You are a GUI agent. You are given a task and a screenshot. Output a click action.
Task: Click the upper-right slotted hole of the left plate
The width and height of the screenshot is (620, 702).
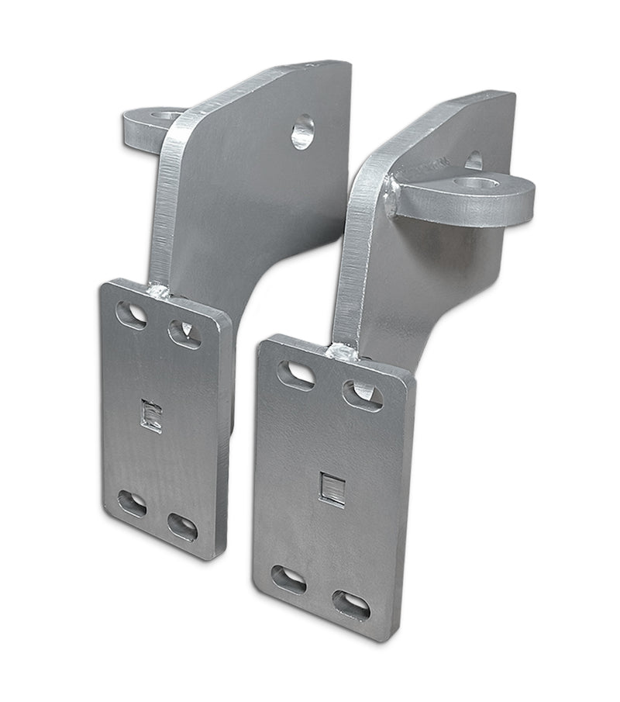click(184, 333)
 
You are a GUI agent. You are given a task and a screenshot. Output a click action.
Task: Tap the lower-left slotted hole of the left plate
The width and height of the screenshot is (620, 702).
click(132, 503)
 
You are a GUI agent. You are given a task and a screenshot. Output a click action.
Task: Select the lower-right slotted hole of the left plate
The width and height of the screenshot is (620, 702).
click(183, 527)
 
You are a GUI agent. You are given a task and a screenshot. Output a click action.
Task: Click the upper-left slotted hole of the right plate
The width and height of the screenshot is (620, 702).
click(296, 375)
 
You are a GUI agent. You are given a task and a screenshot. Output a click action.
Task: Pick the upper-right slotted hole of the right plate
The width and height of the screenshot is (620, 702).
click(362, 395)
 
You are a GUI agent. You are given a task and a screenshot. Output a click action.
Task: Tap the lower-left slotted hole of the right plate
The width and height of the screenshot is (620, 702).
click(288, 579)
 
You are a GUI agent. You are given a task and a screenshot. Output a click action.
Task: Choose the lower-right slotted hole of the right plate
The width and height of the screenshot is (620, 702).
click(351, 604)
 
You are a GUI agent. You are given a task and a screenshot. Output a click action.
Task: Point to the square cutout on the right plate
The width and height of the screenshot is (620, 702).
click(332, 488)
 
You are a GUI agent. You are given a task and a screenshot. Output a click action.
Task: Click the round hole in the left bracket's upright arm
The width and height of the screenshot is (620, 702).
click(303, 131)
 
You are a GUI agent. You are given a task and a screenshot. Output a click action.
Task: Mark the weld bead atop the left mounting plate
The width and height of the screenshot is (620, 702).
click(159, 291)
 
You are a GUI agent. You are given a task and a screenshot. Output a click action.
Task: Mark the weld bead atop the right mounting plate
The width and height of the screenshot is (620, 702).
click(341, 353)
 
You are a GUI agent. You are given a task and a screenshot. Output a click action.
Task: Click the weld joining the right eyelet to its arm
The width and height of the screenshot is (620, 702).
click(391, 196)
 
